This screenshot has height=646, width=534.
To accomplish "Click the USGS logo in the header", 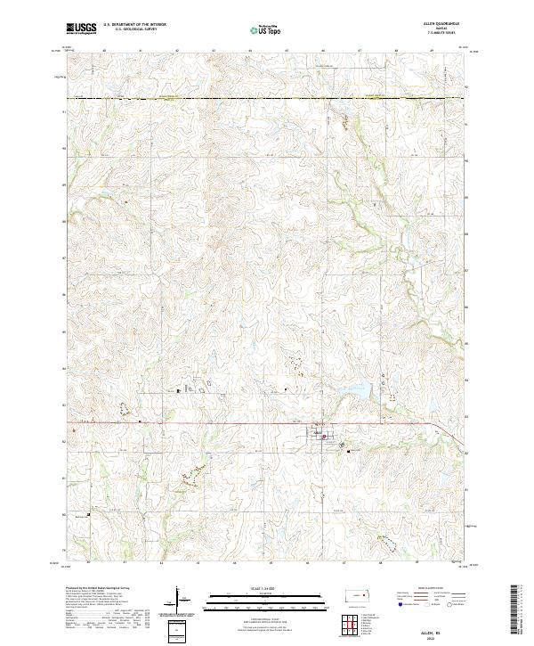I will (x=82, y=29).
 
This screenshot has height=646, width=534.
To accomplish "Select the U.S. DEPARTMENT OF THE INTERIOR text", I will (x=134, y=24).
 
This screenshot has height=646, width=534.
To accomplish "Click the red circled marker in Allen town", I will (x=326, y=437).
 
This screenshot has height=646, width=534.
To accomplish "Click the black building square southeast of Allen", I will (x=349, y=451).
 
